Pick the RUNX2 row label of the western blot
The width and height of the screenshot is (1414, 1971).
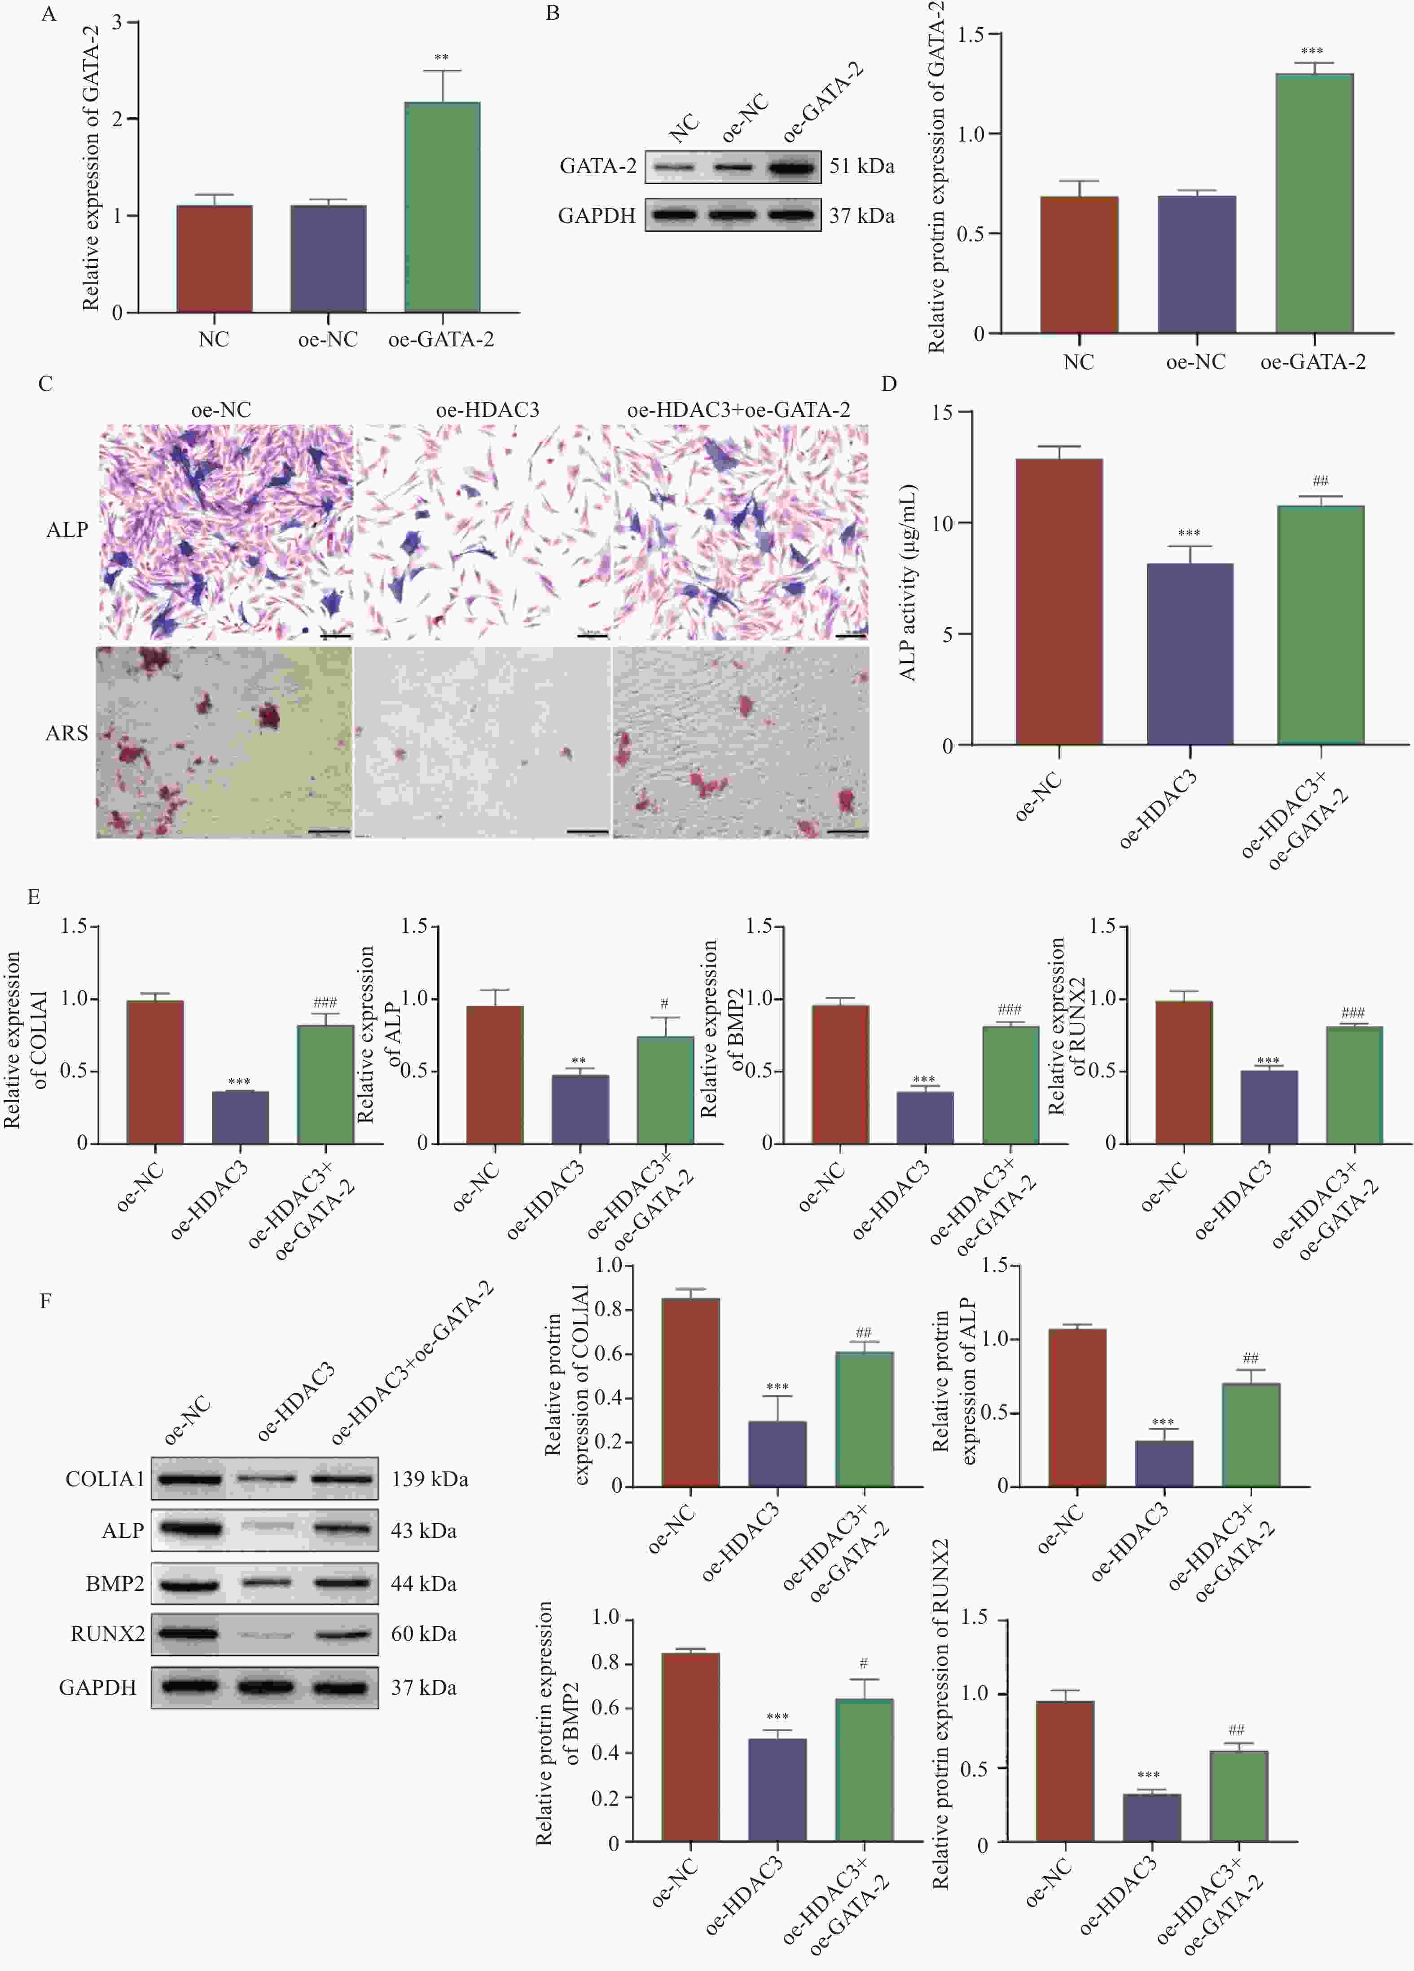tap(108, 1633)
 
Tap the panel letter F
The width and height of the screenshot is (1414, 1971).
tap(45, 1301)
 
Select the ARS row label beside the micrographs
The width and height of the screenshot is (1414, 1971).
tap(67, 734)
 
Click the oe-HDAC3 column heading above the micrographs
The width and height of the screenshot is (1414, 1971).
tap(487, 409)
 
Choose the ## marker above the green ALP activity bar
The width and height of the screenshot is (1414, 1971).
tap(1320, 481)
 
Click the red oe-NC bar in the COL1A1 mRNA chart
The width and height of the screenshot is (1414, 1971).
tap(154, 1072)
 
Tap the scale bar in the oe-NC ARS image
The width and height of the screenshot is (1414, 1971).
tap(328, 832)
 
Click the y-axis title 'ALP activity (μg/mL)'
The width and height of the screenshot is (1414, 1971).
tap(908, 582)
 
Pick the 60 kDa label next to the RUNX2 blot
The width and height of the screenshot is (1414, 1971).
tap(423, 1633)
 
